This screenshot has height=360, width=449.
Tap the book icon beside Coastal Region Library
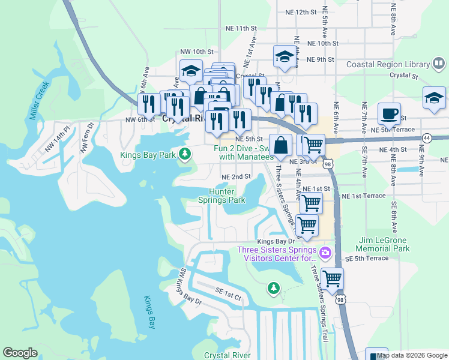(x=439, y=64)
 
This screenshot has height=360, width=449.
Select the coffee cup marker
(x=389, y=113)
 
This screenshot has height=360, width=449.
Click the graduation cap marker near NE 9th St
(x=285, y=57)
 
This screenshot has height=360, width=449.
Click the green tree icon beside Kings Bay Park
(x=186, y=155)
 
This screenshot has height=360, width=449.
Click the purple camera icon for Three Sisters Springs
(x=326, y=251)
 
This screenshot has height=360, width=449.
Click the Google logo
(x=20, y=353)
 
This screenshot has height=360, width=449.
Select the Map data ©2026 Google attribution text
(x=412, y=355)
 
